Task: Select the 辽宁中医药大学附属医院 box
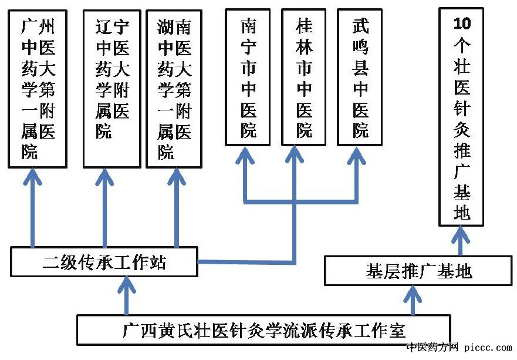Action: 112,89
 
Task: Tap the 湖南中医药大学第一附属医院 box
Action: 174,89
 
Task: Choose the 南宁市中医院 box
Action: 248,77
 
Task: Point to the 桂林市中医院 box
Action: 303,77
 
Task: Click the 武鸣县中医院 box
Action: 360,77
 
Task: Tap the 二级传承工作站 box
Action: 104,262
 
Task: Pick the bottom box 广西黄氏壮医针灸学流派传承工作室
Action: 263,329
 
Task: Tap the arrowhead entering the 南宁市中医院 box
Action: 244,154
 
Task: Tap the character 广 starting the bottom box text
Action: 131,330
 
